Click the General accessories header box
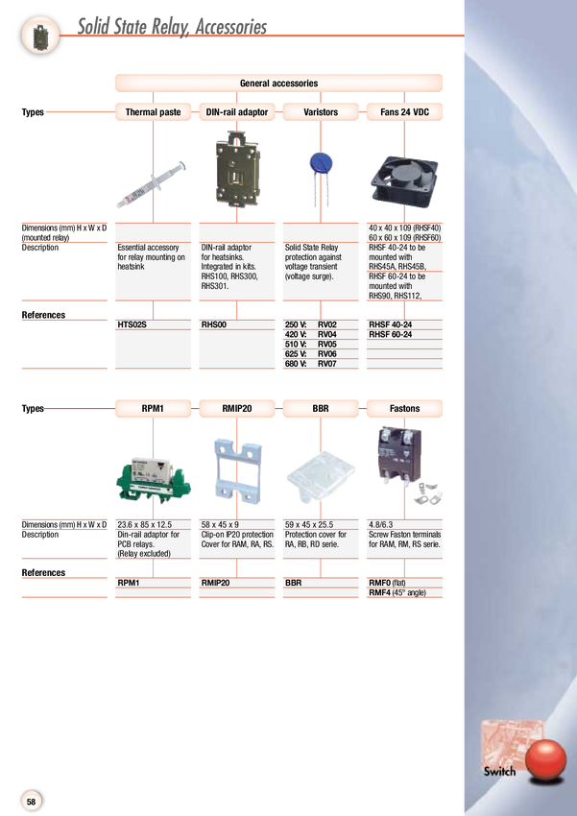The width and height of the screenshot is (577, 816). coord(278,84)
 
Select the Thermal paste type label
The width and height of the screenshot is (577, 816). coord(153,112)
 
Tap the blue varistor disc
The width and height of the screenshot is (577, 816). coord(321,163)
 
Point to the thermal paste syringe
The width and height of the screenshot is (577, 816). coord(151,184)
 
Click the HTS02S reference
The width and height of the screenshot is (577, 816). coord(132,324)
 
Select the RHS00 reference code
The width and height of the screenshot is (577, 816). coord(214,324)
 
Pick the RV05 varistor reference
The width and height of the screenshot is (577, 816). coord(327,344)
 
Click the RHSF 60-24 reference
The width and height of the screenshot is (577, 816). coord(390,334)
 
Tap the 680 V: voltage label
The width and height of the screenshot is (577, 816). coord(295,364)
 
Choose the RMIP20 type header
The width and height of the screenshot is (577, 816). coord(237,409)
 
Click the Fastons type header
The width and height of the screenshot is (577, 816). coord(404,409)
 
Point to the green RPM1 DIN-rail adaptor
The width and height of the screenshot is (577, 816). coord(154,480)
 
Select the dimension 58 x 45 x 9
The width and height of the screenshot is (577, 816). coord(220,524)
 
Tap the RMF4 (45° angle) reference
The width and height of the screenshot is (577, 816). coord(397,592)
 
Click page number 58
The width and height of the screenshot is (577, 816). coord(32,802)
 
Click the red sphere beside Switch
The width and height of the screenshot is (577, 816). coord(545,759)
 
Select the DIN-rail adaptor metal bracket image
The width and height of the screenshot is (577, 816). coord(237,169)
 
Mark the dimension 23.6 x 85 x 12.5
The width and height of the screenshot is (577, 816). coord(145,524)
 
